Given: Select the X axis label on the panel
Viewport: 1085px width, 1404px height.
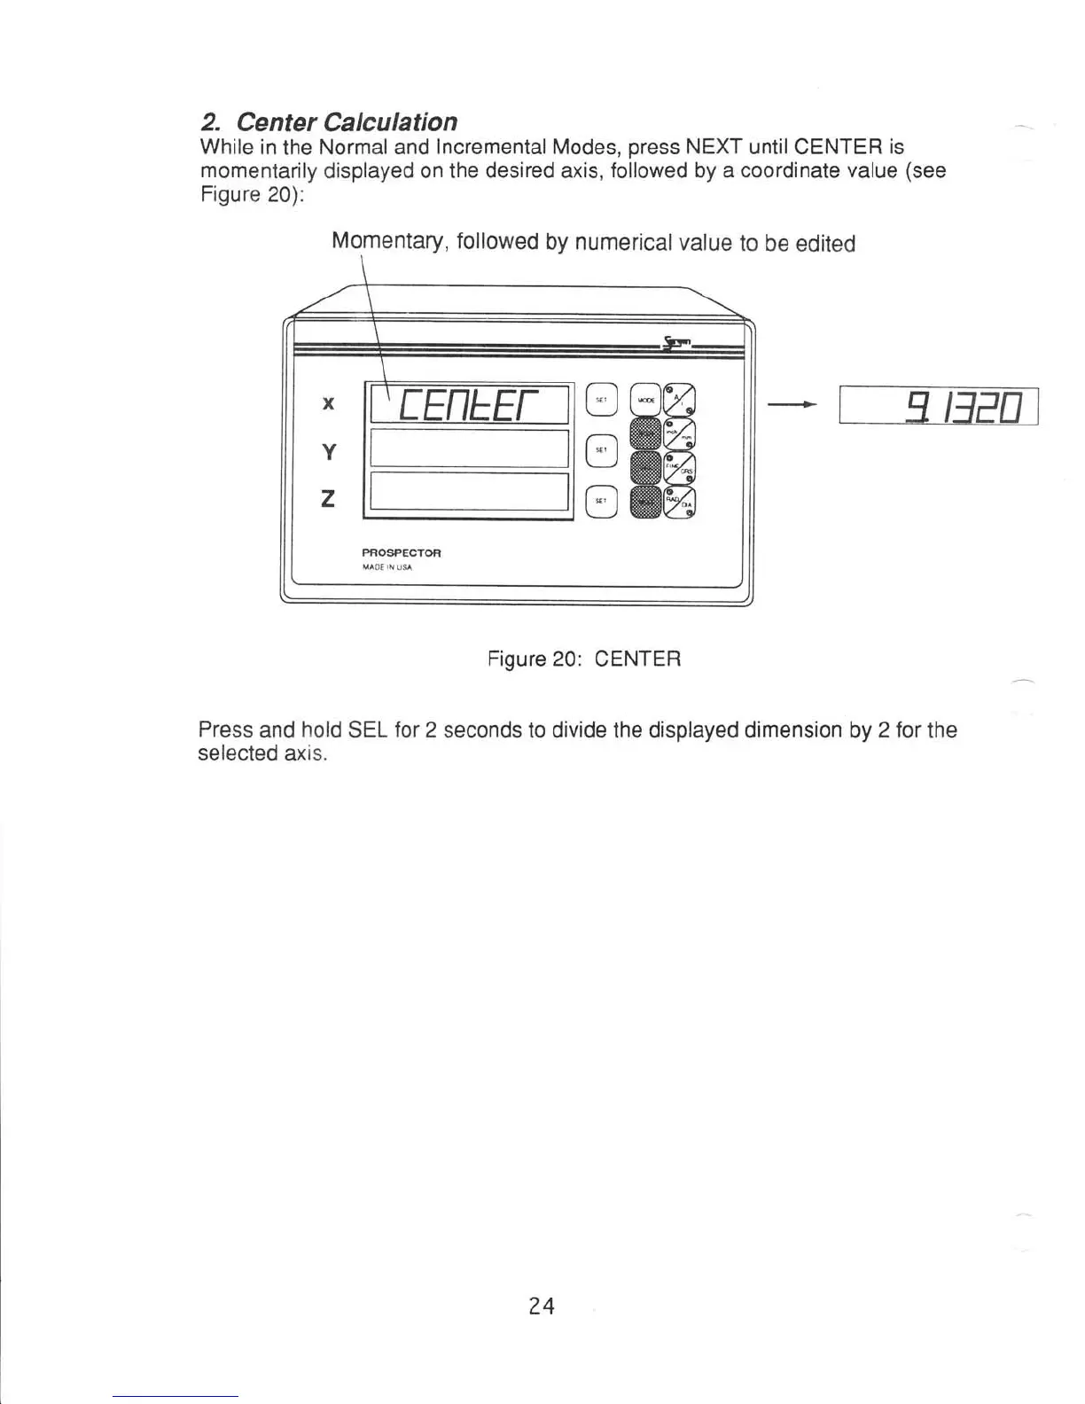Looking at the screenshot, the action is [x=328, y=404].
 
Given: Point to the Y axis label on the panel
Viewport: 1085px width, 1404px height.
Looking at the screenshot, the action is [x=328, y=452].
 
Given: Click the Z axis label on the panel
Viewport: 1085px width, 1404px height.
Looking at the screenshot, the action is [x=328, y=500].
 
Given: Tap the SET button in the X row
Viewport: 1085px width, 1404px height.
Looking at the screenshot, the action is [x=601, y=401].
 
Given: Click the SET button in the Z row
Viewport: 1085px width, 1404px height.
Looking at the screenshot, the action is [x=601, y=501].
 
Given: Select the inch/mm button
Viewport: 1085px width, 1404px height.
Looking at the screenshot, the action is [x=681, y=433].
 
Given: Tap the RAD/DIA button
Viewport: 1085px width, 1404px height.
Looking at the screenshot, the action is [x=681, y=501].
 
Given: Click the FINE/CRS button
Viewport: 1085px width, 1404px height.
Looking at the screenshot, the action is [x=681, y=467].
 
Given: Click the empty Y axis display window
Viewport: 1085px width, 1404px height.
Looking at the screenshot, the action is [x=469, y=448].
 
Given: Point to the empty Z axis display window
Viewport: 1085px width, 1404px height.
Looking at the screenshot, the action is [x=469, y=492].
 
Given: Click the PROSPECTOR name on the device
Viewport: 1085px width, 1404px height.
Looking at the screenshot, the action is [x=402, y=552].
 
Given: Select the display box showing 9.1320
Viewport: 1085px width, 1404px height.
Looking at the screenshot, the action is [x=939, y=409].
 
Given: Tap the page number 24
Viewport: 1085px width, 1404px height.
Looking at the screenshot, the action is [x=542, y=1306].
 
